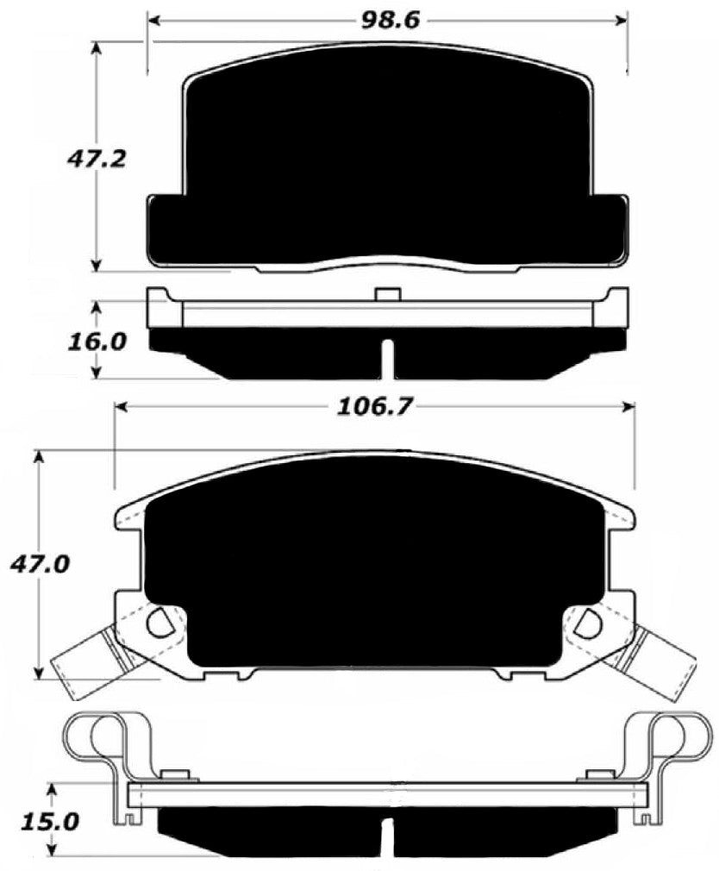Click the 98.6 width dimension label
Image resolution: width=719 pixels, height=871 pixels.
tap(389, 19)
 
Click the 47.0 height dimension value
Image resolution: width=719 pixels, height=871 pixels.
tap(39, 565)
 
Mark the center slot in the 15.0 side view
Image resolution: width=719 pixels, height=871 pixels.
tap(389, 834)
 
